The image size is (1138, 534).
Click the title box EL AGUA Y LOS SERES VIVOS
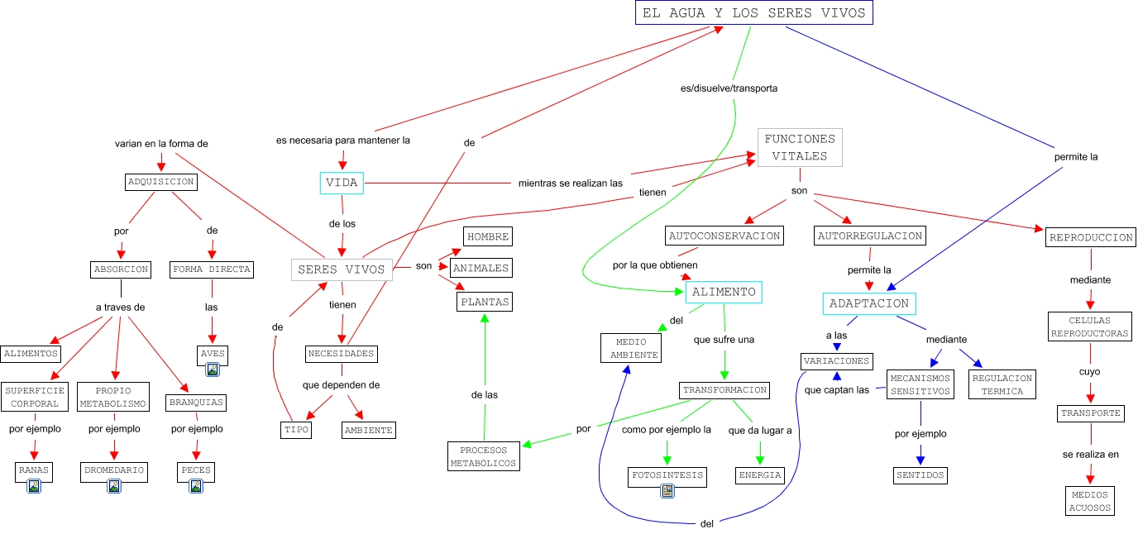click(753, 13)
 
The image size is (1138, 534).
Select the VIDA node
click(342, 184)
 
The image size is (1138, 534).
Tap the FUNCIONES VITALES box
click(800, 148)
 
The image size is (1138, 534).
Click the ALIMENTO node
click(724, 293)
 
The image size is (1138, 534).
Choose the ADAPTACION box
click(868, 303)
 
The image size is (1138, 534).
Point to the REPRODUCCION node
click(1090, 238)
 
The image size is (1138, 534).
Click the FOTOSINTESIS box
click(667, 476)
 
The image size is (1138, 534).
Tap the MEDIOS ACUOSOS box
click(1090, 501)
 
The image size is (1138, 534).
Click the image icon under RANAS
click(34, 486)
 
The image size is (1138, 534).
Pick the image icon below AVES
click(213, 370)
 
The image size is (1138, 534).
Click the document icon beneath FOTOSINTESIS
click(667, 492)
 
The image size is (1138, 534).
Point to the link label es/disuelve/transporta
click(728, 88)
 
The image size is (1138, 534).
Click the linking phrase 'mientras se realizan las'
click(570, 184)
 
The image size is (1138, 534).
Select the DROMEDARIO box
click(114, 470)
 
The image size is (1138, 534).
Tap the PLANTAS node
click(485, 303)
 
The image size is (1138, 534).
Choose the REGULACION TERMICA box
click(1002, 384)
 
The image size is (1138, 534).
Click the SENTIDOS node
click(920, 475)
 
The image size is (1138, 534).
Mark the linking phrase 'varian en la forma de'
click(161, 144)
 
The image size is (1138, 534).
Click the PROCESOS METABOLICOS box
click(484, 456)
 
